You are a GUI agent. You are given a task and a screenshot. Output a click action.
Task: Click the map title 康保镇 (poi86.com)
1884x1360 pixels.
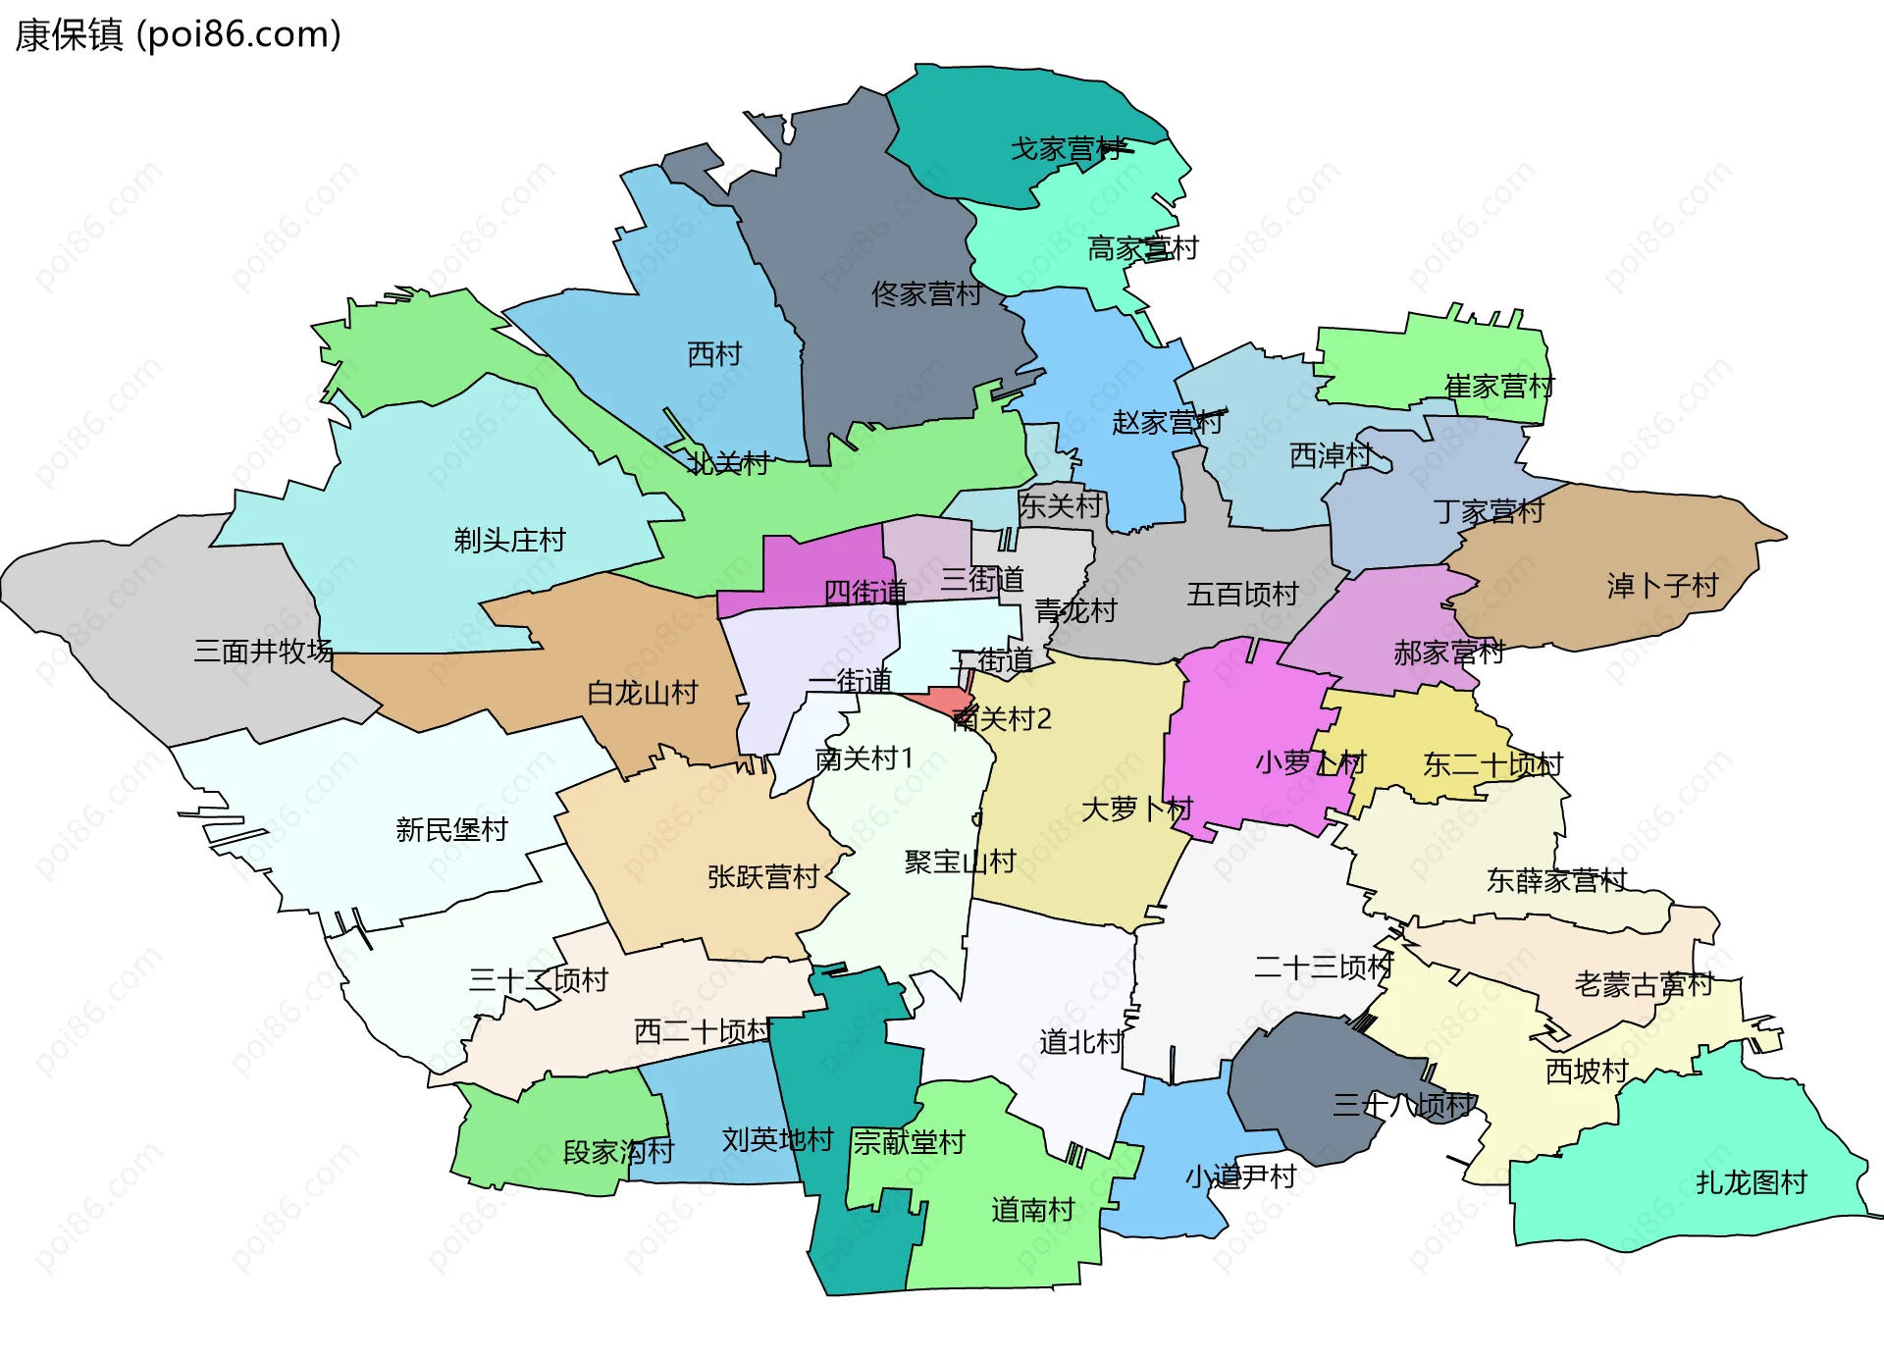[178, 35]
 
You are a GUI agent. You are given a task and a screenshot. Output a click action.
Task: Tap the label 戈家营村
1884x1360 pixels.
[1067, 149]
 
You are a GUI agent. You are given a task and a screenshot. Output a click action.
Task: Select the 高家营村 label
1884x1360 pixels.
[1142, 248]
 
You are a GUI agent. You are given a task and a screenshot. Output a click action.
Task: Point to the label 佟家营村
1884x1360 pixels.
[926, 293]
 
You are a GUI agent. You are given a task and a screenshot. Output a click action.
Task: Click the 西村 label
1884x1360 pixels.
[714, 354]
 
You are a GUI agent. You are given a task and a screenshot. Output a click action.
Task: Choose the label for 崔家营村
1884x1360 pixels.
[1498, 387]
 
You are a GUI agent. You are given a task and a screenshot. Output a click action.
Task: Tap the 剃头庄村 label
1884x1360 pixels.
[509, 540]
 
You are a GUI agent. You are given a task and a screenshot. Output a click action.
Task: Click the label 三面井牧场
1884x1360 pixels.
[263, 651]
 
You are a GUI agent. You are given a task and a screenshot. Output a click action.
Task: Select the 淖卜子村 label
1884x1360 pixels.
[1662, 586]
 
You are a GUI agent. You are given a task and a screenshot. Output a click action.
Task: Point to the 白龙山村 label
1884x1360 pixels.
[642, 693]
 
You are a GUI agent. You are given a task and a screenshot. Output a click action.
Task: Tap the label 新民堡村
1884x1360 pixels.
[451, 829]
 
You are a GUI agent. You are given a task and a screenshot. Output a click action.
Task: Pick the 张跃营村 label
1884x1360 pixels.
[762, 876]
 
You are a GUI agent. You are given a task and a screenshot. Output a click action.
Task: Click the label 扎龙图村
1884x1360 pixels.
[1751, 1182]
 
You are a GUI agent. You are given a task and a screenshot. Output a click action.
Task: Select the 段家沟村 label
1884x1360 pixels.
[618, 1151]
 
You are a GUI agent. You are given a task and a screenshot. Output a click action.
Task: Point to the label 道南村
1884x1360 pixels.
[1032, 1210]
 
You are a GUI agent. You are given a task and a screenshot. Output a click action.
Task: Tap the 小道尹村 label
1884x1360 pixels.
[1240, 1177]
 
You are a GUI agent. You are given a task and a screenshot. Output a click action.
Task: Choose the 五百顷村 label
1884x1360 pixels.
[1242, 594]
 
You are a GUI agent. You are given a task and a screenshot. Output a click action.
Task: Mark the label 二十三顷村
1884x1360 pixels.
[1323, 967]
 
